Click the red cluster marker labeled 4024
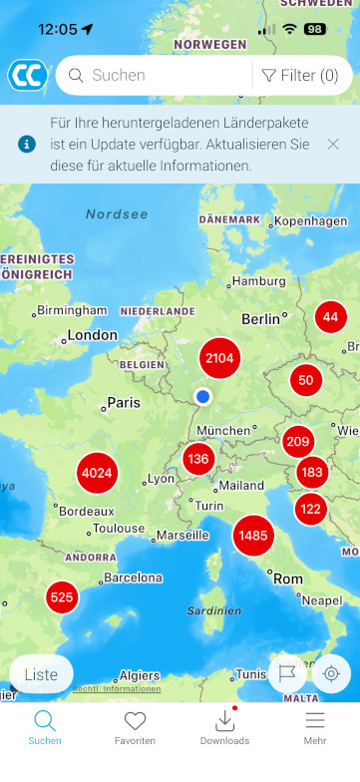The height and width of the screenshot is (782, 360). (97, 472)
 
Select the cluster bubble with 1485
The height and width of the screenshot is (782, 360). (253, 536)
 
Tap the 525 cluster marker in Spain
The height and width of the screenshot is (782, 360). (62, 597)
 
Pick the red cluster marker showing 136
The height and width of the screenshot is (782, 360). (198, 459)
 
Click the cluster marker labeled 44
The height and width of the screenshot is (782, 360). (331, 317)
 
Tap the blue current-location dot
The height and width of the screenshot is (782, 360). (203, 397)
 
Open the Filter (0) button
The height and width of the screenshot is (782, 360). (300, 75)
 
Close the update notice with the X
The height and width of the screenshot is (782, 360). (333, 144)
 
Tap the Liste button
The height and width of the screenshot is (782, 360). (41, 674)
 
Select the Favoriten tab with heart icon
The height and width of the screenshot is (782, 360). (135, 728)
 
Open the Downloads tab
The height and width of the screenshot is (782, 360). (224, 728)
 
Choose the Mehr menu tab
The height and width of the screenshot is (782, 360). (315, 728)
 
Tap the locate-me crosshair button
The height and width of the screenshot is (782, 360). (331, 673)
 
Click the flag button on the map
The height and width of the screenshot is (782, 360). (287, 673)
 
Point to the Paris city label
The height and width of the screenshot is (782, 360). (123, 403)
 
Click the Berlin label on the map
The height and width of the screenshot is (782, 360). (261, 319)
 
